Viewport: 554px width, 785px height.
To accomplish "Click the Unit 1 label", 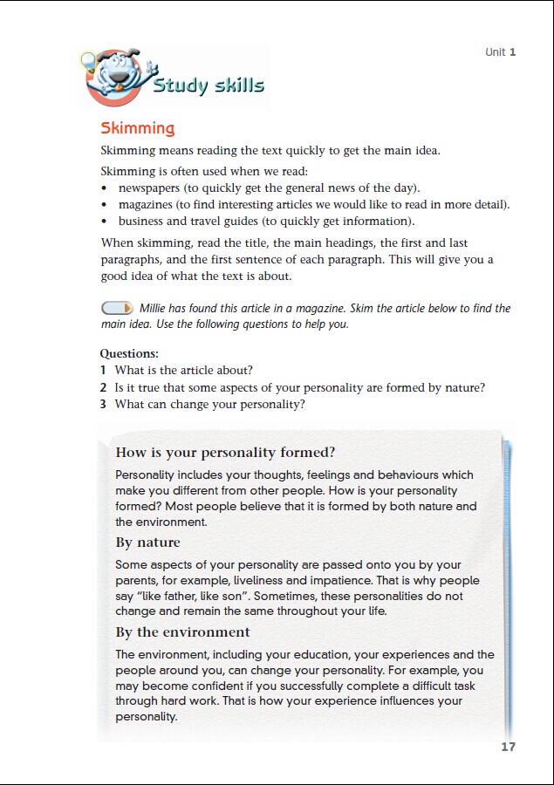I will click(501, 52).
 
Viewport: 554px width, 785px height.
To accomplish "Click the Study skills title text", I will click(209, 85).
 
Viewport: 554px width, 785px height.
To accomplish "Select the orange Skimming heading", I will click(138, 128).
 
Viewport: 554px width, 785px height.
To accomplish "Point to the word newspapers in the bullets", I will click(150, 188).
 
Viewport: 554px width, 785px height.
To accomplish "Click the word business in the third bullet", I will click(140, 222).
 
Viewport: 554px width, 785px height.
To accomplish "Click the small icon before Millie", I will click(117, 308).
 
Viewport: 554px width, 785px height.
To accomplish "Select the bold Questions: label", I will click(129, 354).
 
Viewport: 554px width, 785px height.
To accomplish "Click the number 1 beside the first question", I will click(103, 371).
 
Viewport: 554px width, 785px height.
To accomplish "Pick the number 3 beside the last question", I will click(103, 405).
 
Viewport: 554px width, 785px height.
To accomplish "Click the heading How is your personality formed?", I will click(225, 453).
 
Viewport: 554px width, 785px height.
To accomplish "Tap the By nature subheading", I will click(147, 543).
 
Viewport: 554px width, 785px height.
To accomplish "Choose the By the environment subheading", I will click(182, 632).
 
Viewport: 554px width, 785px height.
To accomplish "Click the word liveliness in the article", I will click(324, 581).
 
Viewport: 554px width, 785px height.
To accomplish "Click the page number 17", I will click(509, 747).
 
